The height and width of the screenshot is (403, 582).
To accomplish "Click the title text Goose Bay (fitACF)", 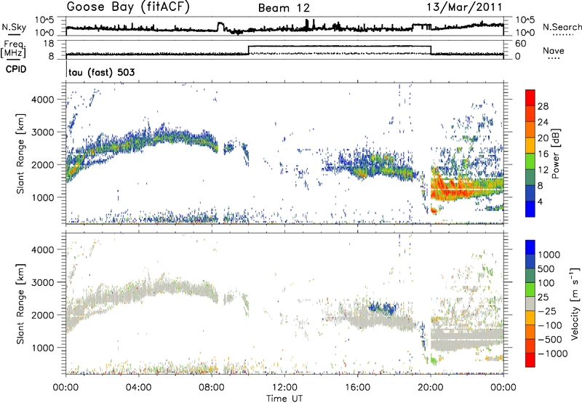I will (128, 8).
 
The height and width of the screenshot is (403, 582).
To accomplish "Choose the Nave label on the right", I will (554, 51).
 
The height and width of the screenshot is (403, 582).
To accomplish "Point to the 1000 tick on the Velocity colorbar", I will (550, 255).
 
